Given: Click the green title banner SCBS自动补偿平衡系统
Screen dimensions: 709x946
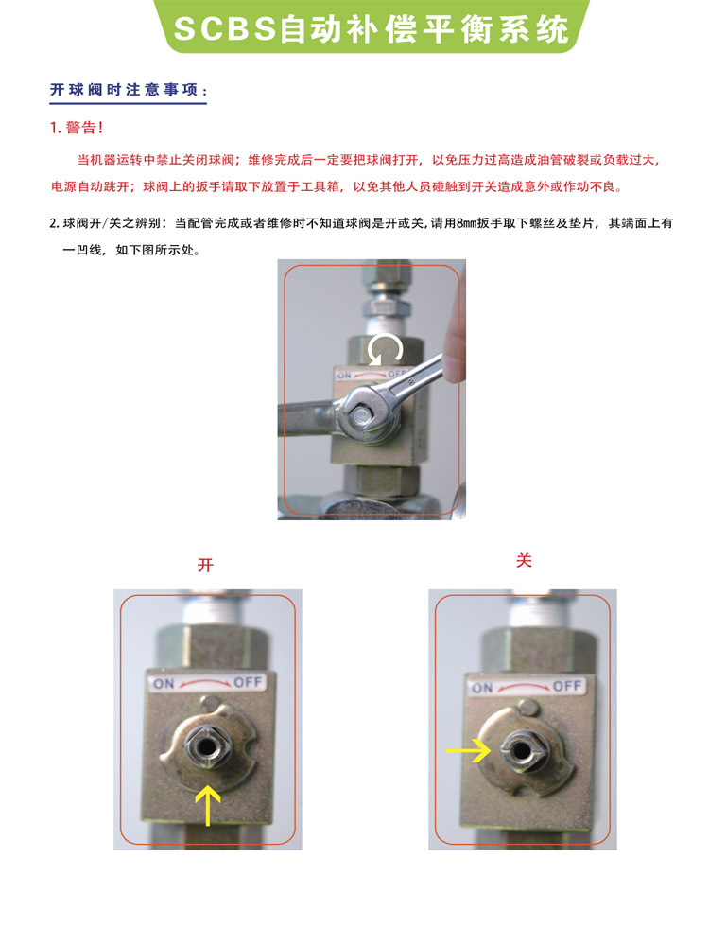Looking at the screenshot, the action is (371, 28).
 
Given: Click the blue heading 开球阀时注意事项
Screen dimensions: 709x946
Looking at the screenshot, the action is (129, 91).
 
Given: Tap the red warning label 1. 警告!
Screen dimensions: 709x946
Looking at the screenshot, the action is (76, 128).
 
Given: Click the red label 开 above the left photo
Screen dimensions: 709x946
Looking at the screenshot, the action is (205, 565).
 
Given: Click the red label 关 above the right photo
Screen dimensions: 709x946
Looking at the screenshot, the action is (524, 560).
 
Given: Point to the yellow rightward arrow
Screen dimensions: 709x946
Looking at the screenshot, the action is (468, 750).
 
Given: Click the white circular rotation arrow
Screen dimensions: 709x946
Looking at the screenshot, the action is (385, 349).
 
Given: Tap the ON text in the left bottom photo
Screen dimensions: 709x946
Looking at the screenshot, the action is (164, 684).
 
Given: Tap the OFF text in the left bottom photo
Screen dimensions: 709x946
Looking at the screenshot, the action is (248, 682).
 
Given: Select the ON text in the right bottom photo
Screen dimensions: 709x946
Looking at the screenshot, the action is (482, 688).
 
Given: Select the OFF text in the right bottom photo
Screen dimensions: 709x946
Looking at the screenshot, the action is (566, 686).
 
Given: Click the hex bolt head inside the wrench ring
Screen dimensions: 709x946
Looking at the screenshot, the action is (361, 415).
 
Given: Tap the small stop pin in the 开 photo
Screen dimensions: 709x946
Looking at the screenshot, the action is (209, 703).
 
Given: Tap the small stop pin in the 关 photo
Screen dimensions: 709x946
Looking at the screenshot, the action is (528, 707).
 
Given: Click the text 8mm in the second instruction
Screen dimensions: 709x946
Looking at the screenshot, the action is (466, 223).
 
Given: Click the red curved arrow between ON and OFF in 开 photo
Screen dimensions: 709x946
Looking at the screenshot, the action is (205, 682).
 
